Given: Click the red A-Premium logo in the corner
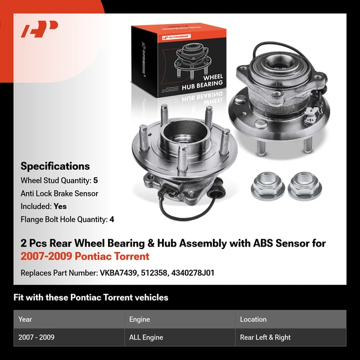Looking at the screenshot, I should [x=40, y=29].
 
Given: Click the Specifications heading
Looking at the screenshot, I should [x=55, y=166].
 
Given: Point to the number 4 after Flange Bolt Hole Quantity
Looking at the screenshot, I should [x=112, y=219].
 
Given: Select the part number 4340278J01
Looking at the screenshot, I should [x=191, y=273].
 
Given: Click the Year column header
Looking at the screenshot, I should [x=25, y=319].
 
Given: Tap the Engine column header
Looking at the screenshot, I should [x=139, y=319].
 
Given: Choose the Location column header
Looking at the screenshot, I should [x=253, y=319].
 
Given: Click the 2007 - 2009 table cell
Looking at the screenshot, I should [x=37, y=337].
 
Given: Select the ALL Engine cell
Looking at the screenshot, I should [x=146, y=337].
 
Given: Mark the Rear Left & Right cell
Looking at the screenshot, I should [x=265, y=337].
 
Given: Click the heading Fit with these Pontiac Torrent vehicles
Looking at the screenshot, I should [x=91, y=298].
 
